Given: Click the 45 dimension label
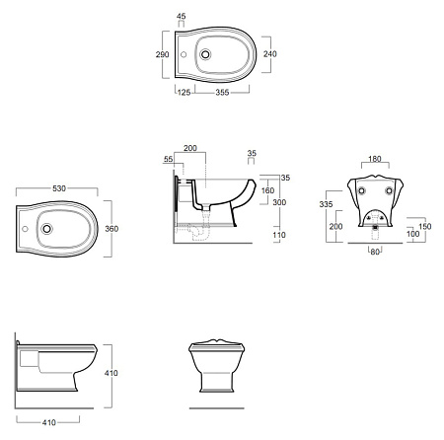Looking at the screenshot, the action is click(181, 16).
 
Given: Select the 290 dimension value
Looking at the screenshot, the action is click(162, 54).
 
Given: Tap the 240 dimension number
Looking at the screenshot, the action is click(269, 53).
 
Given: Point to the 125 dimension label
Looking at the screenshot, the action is click(184, 93).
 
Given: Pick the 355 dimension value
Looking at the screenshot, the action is click(222, 93).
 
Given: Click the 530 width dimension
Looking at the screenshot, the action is click(59, 188).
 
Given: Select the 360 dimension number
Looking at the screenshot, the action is click(111, 229).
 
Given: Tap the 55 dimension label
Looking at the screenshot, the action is click(168, 159).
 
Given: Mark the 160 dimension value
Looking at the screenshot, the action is click(267, 190).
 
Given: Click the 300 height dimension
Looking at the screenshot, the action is click(279, 202).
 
